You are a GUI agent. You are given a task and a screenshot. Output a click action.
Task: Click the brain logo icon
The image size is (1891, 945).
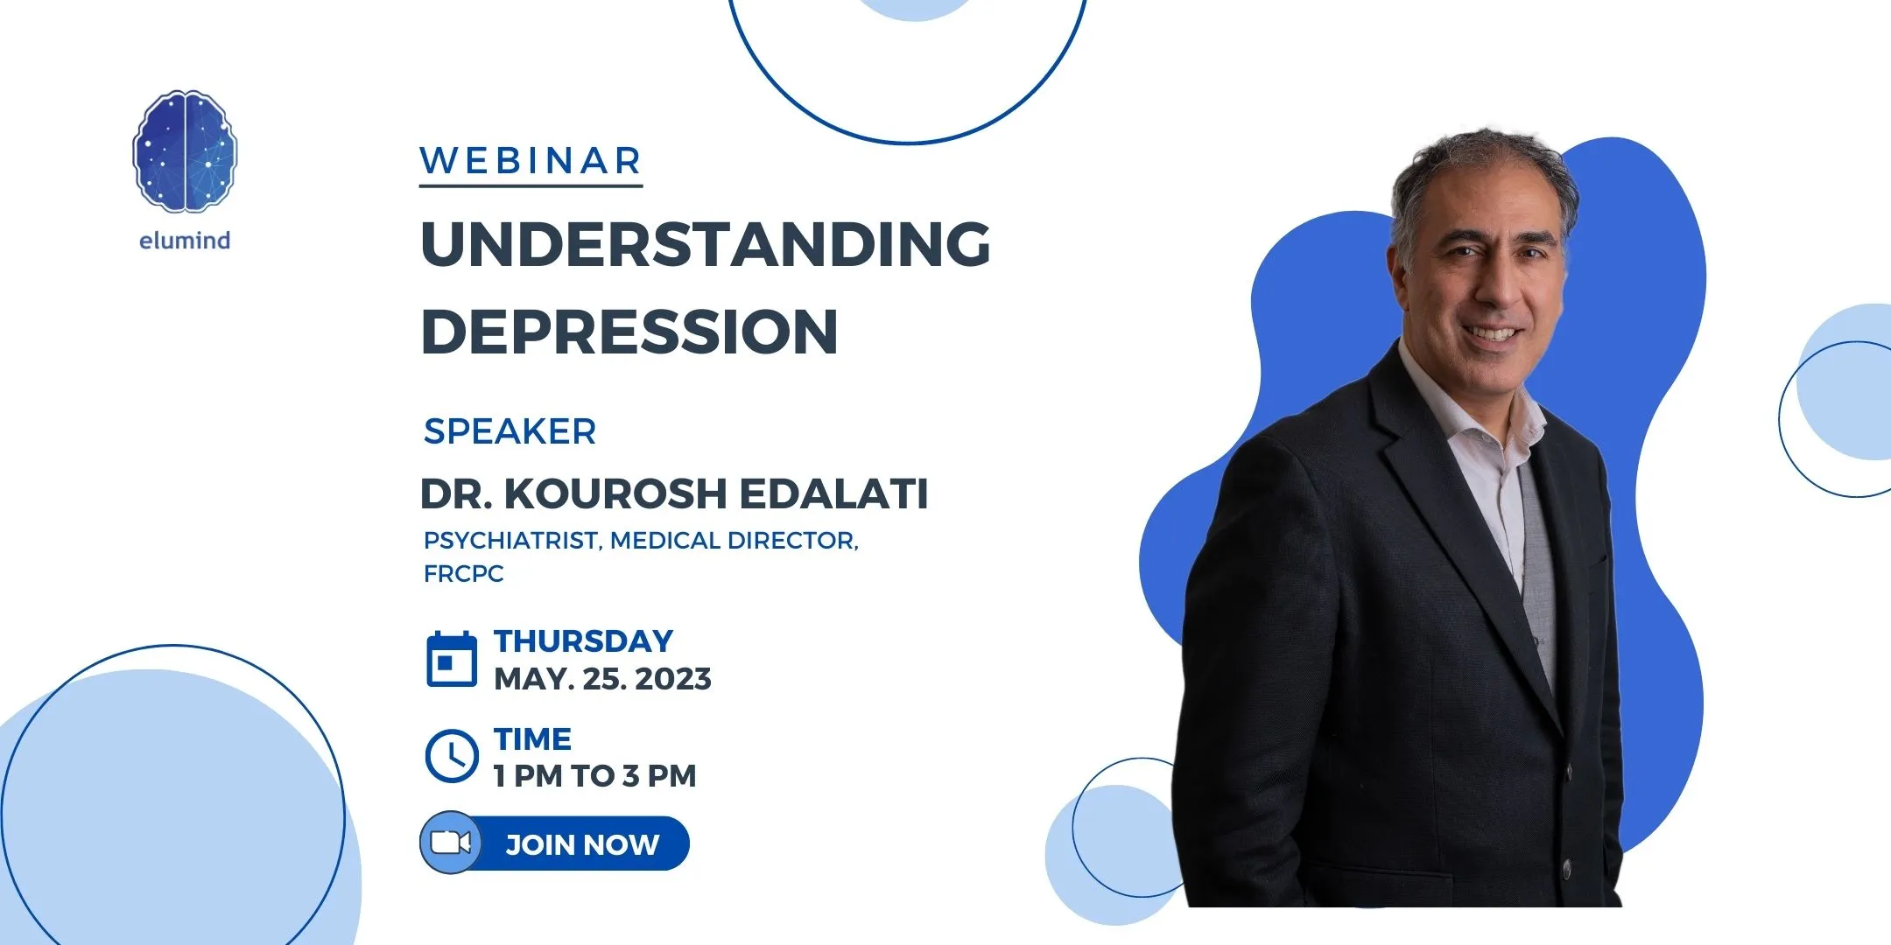click(x=185, y=151)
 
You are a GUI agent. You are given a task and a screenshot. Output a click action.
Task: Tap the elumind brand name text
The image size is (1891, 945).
click(x=185, y=241)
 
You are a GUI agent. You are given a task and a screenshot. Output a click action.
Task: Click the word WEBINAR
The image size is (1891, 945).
click(x=531, y=161)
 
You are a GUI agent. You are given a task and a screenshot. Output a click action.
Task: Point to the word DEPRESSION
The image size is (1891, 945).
click(x=629, y=332)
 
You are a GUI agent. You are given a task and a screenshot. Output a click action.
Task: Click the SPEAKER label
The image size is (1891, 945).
click(x=510, y=431)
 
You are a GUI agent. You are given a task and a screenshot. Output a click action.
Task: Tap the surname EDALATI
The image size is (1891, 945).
click(x=833, y=493)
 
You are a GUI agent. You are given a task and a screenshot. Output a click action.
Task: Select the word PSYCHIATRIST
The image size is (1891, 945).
click(x=511, y=541)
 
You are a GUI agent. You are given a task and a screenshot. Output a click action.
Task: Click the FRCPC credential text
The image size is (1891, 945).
click(x=464, y=574)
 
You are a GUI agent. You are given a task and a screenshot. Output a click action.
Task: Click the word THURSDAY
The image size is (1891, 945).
click(x=584, y=641)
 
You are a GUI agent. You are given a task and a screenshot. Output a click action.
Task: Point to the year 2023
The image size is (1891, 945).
click(x=673, y=679)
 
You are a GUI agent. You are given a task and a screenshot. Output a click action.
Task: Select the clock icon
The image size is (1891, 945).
click(x=452, y=755)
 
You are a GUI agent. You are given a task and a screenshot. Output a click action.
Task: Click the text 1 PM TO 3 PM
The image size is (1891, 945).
click(x=595, y=776)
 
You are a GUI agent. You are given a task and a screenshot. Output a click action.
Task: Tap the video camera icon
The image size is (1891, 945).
click(x=451, y=843)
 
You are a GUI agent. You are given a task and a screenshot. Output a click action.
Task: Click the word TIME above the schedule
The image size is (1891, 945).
click(x=532, y=739)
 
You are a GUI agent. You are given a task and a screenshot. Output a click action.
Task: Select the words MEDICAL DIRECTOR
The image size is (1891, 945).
click(x=733, y=541)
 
